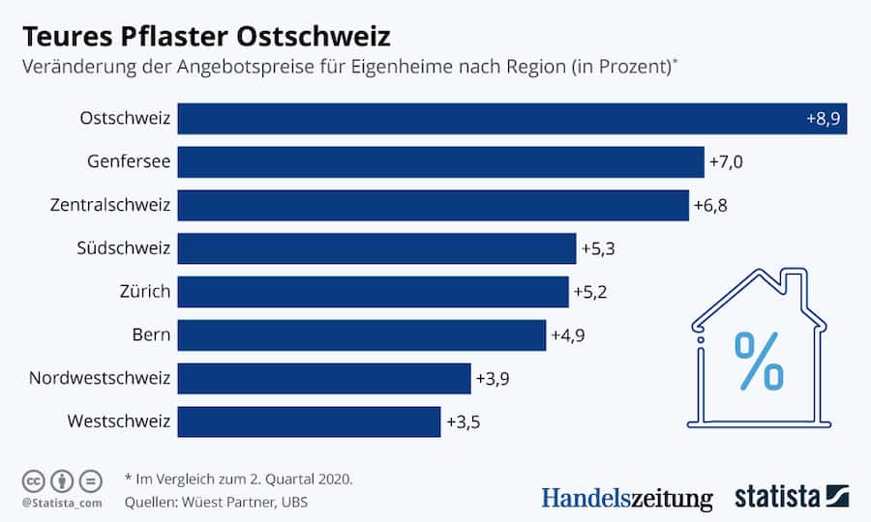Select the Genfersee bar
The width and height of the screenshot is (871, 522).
440,162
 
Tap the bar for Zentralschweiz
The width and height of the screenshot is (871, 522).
433,205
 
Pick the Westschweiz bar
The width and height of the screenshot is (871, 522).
309,421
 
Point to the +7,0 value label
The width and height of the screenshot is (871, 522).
726,162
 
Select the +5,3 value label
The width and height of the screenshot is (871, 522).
598,248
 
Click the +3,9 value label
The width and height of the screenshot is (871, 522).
493,378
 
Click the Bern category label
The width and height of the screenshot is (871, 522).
151,334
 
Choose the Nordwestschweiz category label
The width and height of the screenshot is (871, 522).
100,378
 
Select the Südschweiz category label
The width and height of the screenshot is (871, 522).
124,248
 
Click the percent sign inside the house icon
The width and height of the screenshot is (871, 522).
760,361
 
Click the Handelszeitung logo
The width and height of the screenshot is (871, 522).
626,498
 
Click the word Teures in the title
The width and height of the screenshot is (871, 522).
66,37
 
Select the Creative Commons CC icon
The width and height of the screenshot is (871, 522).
33,480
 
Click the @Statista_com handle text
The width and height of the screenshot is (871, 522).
61,503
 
